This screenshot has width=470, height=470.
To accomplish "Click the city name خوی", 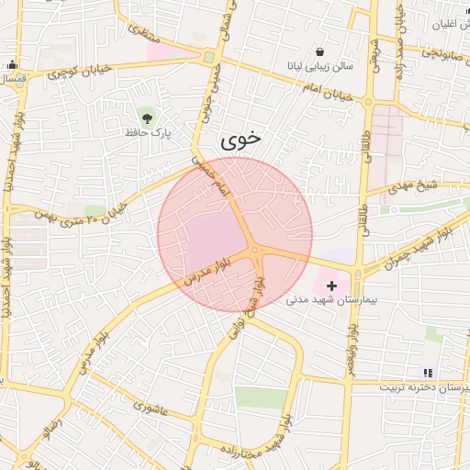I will [241, 140].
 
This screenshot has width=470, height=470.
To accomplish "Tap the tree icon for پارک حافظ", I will [146, 116].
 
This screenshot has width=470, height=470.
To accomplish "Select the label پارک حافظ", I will [151, 132].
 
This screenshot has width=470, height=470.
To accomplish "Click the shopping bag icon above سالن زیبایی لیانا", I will [319, 52].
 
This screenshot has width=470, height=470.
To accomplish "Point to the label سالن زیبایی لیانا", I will [319, 67].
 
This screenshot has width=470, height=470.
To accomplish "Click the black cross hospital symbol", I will [331, 286].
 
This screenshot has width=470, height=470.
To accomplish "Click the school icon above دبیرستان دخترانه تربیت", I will [426, 373].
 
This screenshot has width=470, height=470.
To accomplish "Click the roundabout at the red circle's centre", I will [255, 249].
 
